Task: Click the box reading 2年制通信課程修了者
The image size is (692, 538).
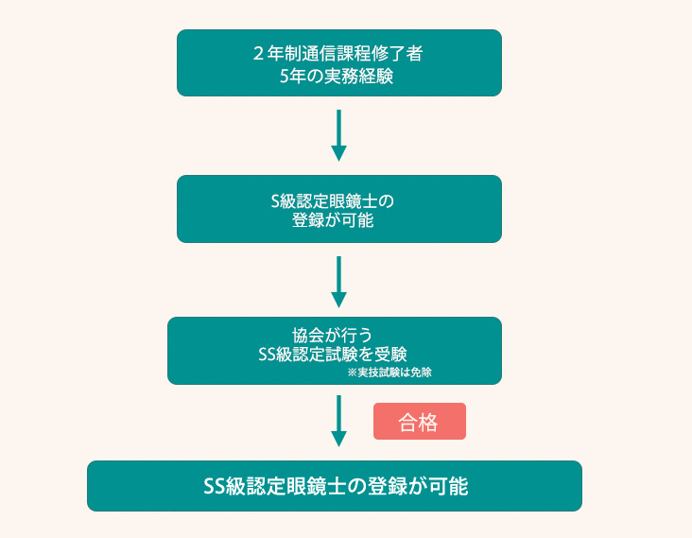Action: (x=338, y=62)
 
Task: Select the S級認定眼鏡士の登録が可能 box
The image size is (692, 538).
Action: (x=338, y=209)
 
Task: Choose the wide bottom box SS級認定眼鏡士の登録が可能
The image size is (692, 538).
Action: (x=335, y=486)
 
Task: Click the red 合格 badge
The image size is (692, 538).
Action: (x=420, y=422)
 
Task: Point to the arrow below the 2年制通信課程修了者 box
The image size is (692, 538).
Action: (x=338, y=135)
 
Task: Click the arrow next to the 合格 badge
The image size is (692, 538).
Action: (x=338, y=421)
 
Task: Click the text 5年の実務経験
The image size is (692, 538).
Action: (x=337, y=76)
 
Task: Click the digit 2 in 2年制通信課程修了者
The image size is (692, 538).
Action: (x=258, y=54)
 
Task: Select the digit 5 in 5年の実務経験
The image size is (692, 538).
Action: (x=285, y=76)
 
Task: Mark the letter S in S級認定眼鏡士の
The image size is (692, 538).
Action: (x=276, y=200)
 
